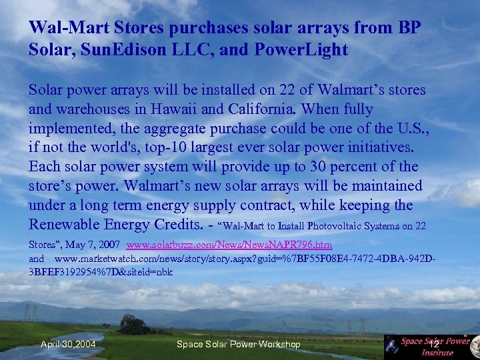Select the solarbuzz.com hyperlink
point(229,245)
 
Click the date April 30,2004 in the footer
point(68,344)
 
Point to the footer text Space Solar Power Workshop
point(238,344)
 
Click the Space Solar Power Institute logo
point(432,345)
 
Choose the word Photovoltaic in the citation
point(319,227)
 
